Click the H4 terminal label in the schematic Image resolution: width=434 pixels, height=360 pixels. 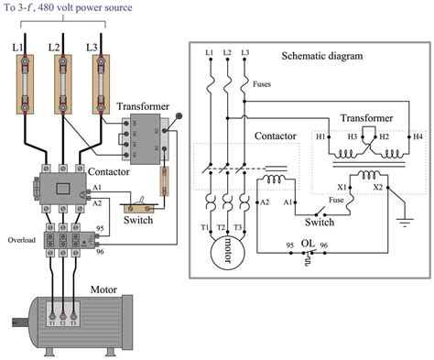pos(418,136)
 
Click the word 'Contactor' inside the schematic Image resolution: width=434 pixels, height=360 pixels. pos(275,135)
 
